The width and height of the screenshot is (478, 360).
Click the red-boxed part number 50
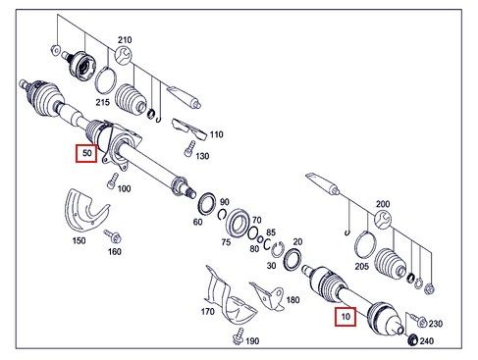tap(86, 153)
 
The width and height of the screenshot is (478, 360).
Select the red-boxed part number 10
tap(345, 317)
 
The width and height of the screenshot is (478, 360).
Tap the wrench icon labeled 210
tap(124, 55)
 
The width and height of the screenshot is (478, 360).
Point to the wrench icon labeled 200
tap(383, 219)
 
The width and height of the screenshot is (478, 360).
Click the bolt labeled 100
tap(113, 180)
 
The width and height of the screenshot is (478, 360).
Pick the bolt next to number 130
tap(189, 149)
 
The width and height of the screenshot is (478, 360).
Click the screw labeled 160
tap(113, 235)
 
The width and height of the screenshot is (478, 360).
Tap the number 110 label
tap(216, 134)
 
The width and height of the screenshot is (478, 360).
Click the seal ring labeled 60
tap(207, 204)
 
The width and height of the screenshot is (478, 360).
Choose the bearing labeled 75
tap(239, 223)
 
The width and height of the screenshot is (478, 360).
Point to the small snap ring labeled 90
tap(223, 214)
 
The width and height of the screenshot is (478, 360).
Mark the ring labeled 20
tap(292, 260)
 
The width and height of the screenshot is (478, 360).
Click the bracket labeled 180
tap(268, 296)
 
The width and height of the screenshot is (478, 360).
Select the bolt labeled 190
tap(239, 336)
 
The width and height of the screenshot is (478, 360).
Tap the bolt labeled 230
tap(417, 320)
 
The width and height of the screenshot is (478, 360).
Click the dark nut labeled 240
tap(413, 340)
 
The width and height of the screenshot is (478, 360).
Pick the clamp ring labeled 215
tap(106, 79)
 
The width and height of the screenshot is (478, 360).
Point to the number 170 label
tap(208, 312)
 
